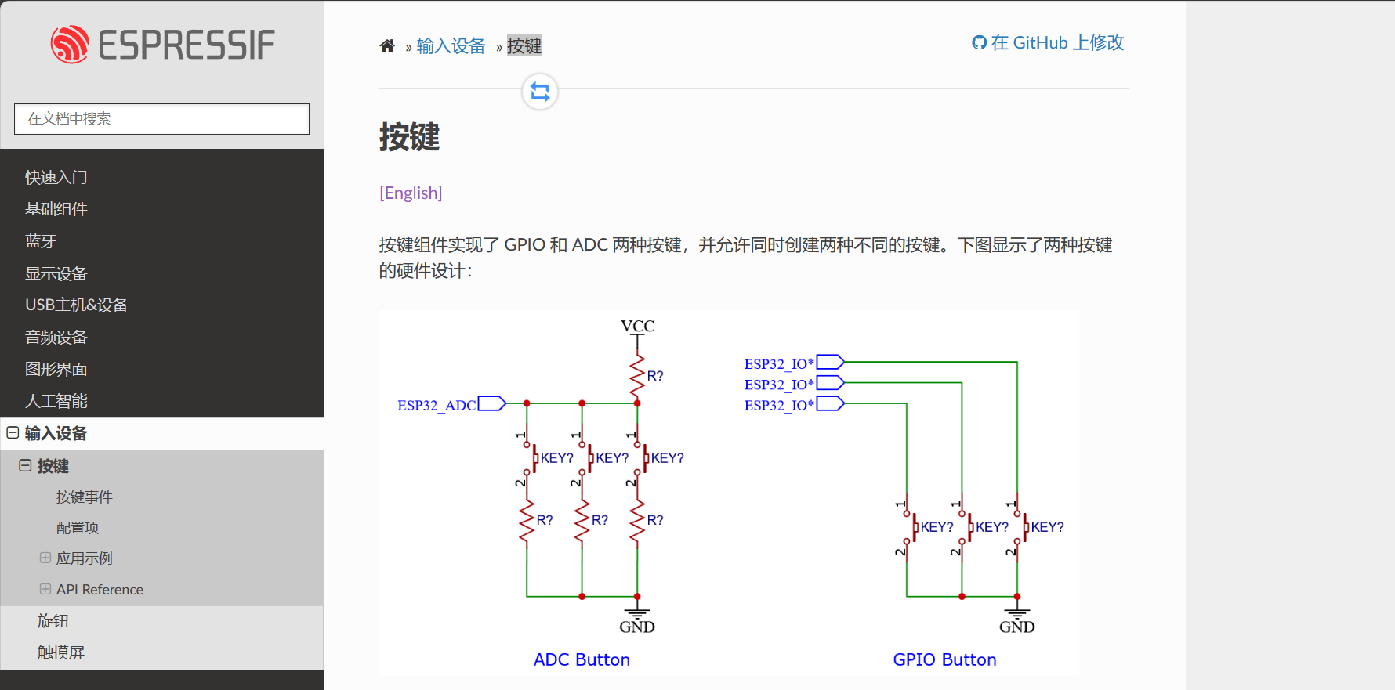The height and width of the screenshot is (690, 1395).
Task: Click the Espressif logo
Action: (162, 45)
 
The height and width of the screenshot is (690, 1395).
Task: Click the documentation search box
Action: (161, 119)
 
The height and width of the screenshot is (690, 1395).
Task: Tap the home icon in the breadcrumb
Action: (387, 46)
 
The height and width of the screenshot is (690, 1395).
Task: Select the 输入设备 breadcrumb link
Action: (451, 46)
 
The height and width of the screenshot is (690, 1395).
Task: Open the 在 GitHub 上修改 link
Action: (1049, 43)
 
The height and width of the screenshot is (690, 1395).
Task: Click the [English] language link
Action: (411, 193)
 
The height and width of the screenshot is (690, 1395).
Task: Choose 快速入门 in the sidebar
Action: (56, 178)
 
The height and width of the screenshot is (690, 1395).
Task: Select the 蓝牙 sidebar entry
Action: (41, 241)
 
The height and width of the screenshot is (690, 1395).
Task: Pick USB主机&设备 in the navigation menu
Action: (76, 305)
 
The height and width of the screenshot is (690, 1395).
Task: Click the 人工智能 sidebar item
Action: (56, 401)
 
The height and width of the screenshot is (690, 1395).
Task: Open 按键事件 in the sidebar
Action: (84, 497)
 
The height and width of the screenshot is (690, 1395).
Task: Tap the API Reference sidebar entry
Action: (100, 590)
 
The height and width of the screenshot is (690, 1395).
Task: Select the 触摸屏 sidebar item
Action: (60, 652)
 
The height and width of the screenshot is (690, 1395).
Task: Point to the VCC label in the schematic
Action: (637, 326)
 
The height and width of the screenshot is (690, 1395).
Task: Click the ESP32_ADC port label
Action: (437, 405)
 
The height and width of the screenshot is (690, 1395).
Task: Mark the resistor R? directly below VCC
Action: (638, 376)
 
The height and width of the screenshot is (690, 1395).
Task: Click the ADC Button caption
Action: (582, 659)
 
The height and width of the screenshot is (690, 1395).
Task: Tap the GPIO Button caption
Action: (944, 659)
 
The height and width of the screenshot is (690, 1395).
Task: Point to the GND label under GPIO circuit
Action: (1016, 627)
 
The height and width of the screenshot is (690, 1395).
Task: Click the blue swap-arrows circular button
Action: (540, 92)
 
